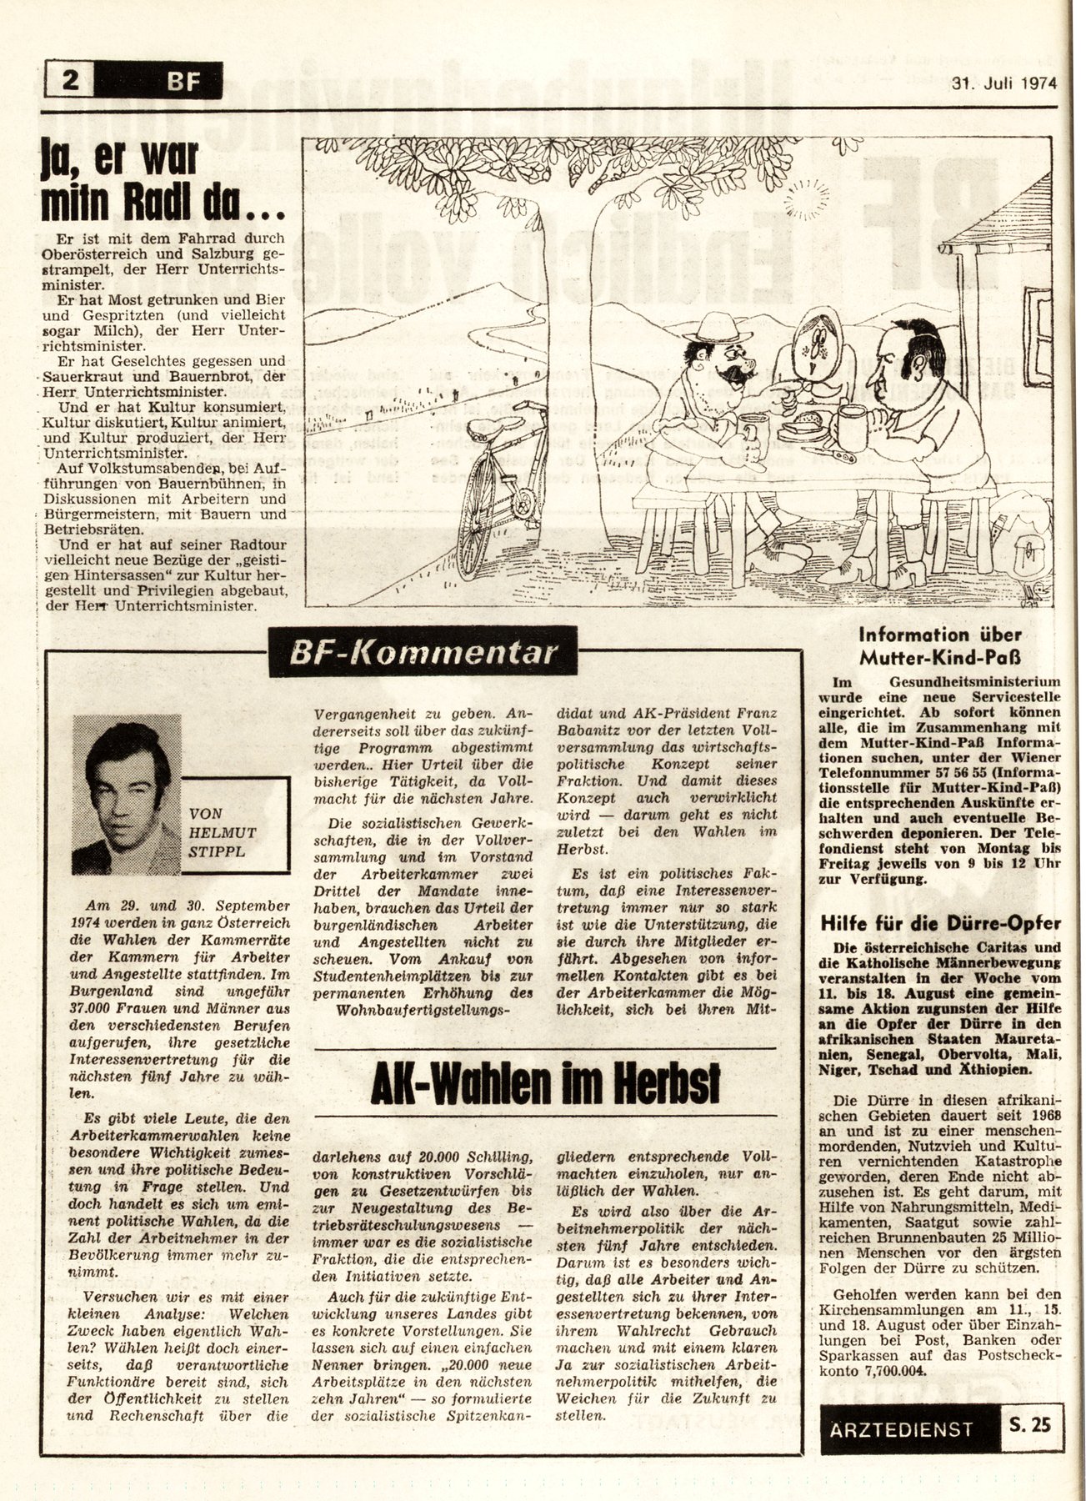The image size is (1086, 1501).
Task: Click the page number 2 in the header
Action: click(71, 81)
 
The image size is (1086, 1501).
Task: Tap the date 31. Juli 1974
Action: click(1004, 83)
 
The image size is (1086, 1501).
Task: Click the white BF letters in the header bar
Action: click(183, 82)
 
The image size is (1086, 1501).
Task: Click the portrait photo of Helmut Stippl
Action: click(127, 793)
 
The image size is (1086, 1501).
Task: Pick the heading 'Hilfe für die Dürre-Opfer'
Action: click(939, 923)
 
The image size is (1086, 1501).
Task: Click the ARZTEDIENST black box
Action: click(901, 1428)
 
